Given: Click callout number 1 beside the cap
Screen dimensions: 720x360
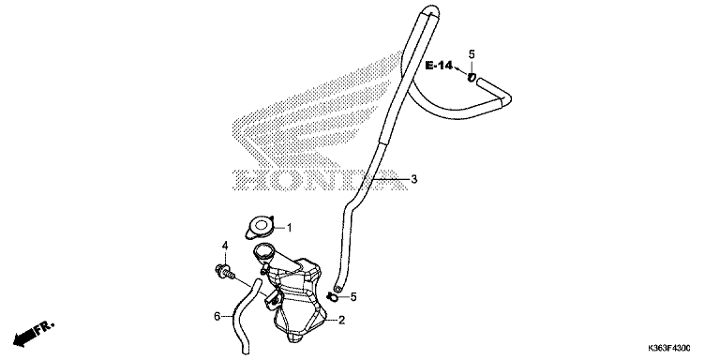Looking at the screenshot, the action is point(290,227).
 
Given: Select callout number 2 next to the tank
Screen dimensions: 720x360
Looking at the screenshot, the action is point(341,320).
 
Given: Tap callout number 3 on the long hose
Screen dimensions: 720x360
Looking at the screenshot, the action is point(414,179).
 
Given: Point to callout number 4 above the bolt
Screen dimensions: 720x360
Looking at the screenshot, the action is point(225,246).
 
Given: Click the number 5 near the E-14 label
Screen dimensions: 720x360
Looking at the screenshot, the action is point(472,54).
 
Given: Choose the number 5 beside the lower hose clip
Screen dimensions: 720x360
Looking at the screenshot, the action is point(353,296).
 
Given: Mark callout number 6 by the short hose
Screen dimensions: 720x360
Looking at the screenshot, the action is point(217,316).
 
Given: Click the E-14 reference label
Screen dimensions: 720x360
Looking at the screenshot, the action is point(439,66).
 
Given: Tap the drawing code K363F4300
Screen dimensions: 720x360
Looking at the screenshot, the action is point(669,348).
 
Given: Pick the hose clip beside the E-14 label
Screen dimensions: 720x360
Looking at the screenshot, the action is point(472,78).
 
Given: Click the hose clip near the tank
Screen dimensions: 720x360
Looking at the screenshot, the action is point(333,297).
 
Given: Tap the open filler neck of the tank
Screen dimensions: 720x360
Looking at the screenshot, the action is point(263,251).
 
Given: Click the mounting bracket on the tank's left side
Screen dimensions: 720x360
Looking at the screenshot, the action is point(272,298).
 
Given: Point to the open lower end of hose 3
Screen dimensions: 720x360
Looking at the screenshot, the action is point(338,289).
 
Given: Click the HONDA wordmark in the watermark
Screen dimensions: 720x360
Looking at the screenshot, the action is point(320,180).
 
